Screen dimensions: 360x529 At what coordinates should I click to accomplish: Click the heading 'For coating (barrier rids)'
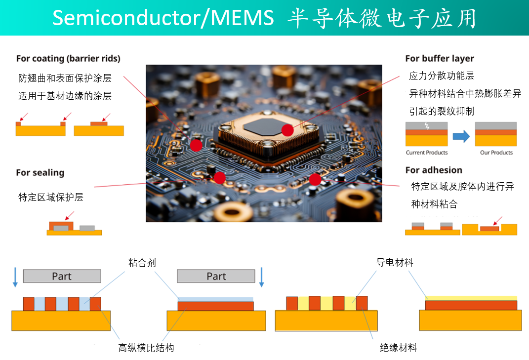pos(68,59)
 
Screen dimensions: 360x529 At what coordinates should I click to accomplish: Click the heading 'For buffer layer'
pos(439,59)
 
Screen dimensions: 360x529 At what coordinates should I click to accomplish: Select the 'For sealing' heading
pos(40,173)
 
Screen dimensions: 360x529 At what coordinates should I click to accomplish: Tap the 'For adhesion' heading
pos(433,170)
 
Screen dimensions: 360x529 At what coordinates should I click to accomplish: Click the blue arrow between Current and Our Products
pos(461,136)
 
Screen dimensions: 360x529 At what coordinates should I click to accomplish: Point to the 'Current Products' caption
pos(426,153)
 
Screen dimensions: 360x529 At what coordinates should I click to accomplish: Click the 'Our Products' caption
pos(496,153)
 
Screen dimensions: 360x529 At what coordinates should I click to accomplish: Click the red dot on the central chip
pos(287,130)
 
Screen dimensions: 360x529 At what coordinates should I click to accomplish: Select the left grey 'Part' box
pos(62,276)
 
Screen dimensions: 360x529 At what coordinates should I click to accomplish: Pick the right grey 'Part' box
pos(216,276)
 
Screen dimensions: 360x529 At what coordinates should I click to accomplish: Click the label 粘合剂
pos(142,263)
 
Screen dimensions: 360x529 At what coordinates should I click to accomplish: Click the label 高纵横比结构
pos(146,348)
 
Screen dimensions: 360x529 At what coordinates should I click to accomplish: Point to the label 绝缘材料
pos(398,348)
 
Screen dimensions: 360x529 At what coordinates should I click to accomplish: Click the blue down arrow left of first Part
pos(15,277)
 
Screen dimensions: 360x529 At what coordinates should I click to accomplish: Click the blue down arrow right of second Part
pos(262,277)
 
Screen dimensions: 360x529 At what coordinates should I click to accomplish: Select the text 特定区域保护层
pos(51,198)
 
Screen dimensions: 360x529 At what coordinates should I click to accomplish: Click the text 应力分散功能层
pos(442,76)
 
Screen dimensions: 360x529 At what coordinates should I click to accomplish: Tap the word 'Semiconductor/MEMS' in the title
pos(163,18)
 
